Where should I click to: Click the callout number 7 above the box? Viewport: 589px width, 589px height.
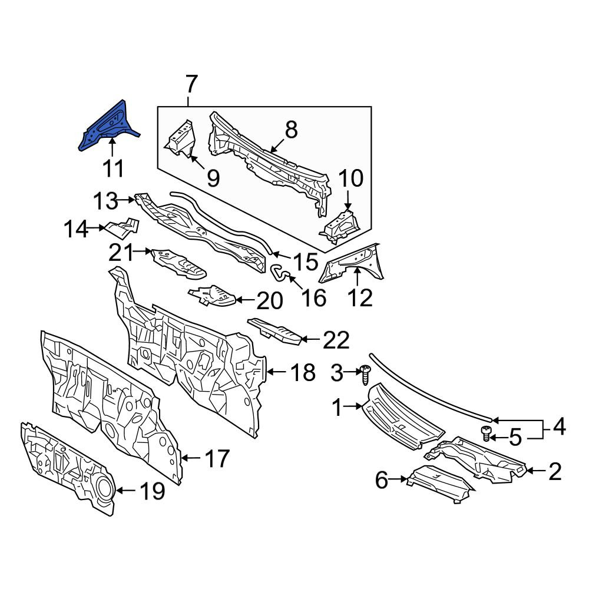pos(191,84)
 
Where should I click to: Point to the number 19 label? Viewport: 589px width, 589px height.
pos(152,491)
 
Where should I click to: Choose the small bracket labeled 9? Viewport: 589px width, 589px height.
pos(181,138)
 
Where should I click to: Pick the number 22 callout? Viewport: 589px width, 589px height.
pos(336,340)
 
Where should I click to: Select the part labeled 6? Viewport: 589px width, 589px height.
pos(441,485)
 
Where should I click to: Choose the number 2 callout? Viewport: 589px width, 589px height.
pos(555,471)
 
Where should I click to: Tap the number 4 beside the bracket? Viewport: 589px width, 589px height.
pos(559,427)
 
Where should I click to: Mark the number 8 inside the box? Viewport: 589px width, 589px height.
pos(292,130)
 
